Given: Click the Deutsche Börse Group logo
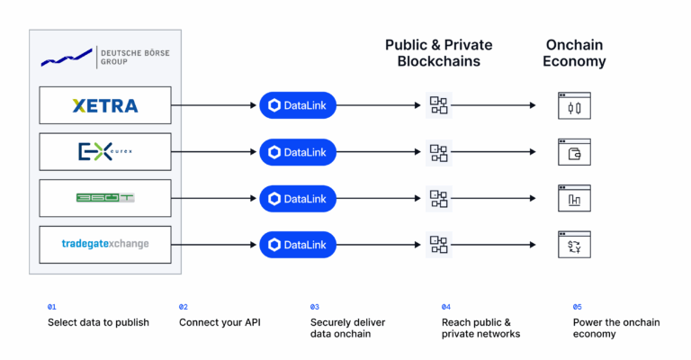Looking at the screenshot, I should point(104,58).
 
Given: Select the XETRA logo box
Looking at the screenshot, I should point(105,106).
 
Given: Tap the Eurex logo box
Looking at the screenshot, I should point(105,152).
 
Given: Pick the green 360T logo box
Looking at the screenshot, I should point(105,198).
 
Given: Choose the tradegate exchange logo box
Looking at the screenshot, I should point(105,244).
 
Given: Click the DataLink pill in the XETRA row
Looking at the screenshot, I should point(298,106).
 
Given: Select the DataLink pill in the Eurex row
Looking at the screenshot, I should point(298,152).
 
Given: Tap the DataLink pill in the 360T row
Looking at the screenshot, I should point(298,198).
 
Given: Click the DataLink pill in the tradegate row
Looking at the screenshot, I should point(298,244).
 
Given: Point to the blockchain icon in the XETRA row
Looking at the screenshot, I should point(438,106).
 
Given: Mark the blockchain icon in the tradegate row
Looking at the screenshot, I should point(438,244).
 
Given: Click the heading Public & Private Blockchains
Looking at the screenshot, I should point(438,53).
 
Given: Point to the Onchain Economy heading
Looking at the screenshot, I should point(575,53).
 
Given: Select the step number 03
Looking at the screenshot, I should point(315,307).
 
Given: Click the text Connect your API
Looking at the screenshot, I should point(220,321).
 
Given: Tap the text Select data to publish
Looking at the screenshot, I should point(98,321).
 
